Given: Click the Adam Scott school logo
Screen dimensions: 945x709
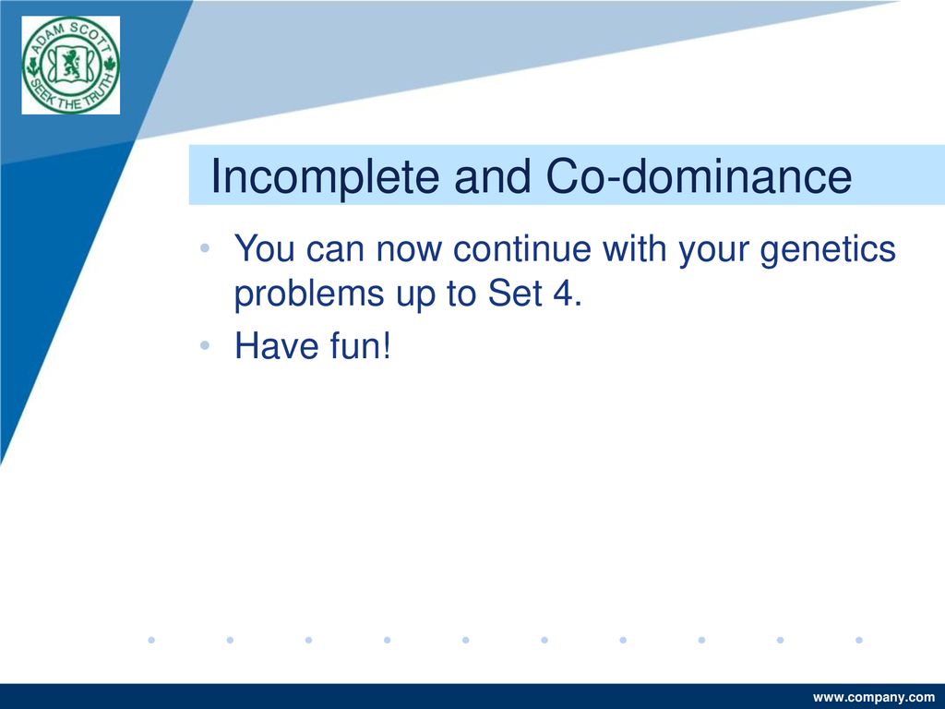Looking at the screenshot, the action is coord(70,66).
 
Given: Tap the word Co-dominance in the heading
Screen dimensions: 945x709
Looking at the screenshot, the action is coord(700,175).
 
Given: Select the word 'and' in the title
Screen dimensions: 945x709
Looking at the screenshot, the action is coord(493,176).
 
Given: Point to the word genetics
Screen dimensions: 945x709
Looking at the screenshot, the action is coord(828,249).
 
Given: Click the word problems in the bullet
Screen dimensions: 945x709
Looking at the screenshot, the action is coord(308,294).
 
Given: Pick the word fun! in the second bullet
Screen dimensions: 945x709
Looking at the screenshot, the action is coord(361,345).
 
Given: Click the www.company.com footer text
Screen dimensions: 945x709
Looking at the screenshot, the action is coord(873,698).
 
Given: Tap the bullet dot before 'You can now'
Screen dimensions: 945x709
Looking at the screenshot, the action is coord(205,247).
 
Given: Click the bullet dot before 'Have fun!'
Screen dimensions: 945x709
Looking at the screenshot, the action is coord(205,345).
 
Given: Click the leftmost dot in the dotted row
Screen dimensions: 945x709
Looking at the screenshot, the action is coord(151,640).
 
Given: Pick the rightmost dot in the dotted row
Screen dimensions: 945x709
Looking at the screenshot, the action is coord(859,640).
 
